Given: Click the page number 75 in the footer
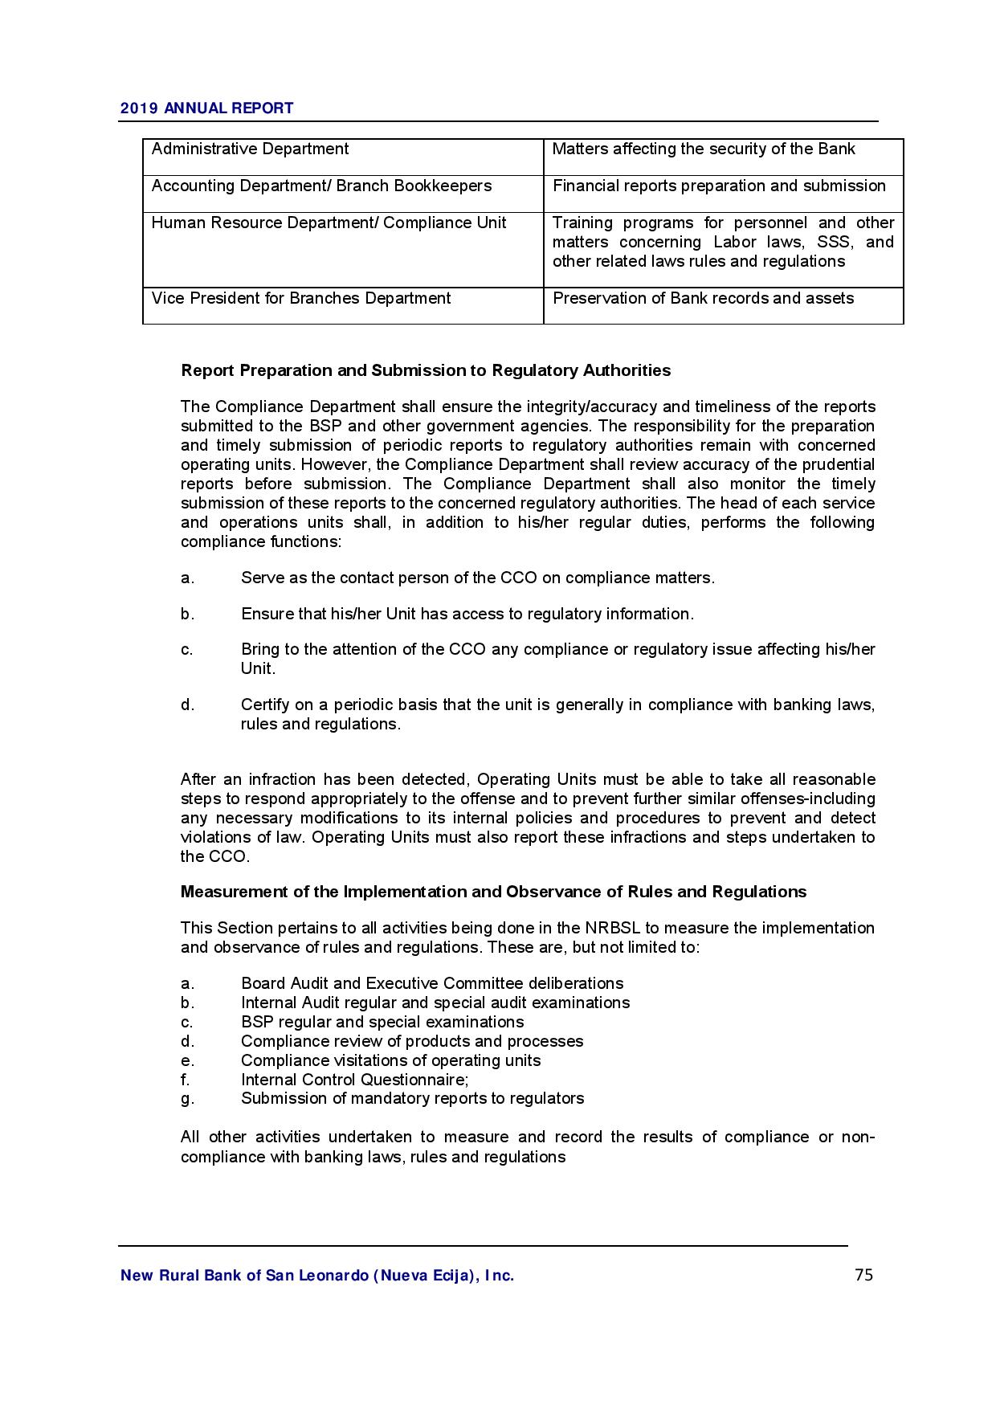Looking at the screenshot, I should click(863, 1275).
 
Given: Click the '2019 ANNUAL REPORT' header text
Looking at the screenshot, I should click(206, 108).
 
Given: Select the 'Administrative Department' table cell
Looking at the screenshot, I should click(250, 149).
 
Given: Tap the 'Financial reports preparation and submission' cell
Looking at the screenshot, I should click(719, 186).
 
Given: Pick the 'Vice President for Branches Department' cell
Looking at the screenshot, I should click(301, 299).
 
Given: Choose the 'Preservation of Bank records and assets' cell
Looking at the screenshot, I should click(703, 299).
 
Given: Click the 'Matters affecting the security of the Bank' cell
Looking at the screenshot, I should click(704, 149).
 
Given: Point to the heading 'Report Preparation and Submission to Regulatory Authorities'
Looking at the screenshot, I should click(426, 370).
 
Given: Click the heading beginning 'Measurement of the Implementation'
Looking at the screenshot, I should click(493, 892).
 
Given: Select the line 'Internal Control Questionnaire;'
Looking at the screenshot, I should click(354, 1080).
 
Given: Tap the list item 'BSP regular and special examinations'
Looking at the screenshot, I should click(382, 1022).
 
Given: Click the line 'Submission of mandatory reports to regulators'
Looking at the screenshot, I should click(412, 1098).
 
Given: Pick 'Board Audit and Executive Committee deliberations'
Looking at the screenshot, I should click(432, 983).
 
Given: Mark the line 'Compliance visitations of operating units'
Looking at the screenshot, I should click(390, 1060).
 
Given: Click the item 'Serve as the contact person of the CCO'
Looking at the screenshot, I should click(477, 578).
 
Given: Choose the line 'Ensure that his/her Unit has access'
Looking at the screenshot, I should click(467, 614).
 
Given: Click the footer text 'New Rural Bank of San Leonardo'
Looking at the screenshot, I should click(316, 1276).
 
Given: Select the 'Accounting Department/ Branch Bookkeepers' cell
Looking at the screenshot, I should click(321, 186).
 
